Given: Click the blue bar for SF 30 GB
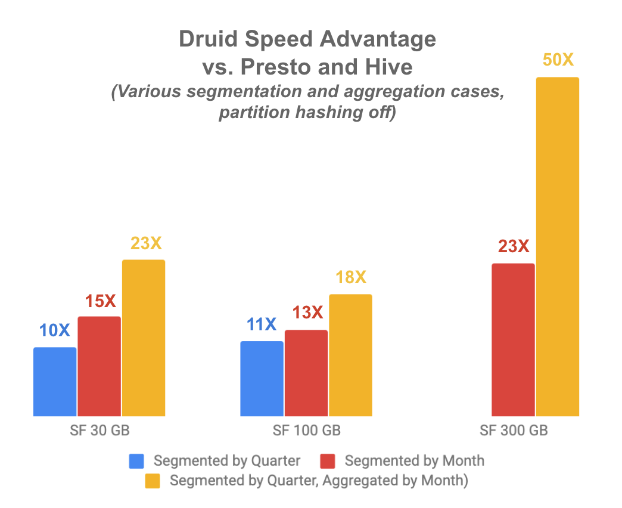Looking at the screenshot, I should coord(55,382).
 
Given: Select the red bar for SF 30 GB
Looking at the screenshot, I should coord(99,366).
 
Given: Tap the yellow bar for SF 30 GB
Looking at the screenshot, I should coord(144,337).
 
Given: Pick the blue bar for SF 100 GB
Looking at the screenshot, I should coord(262,379).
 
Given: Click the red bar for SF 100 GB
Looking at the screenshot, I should coord(306,373).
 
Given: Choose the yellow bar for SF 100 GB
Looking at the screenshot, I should coord(350,355).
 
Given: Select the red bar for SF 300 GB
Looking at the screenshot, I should coord(513,339).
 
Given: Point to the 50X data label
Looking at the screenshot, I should coord(558,60).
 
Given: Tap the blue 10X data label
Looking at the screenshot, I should coord(55,330).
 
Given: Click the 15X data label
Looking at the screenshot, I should coord(99,301).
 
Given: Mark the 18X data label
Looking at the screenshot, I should coord(350,277).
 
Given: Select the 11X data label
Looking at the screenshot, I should coord(262,325).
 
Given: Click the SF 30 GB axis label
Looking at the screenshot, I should coord(99,431).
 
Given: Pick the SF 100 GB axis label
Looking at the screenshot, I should coord(306,431).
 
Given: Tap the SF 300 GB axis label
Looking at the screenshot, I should coord(513,431).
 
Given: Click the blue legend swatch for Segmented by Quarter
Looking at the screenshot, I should coord(136,461).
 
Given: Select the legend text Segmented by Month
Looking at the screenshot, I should coord(414,461).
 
